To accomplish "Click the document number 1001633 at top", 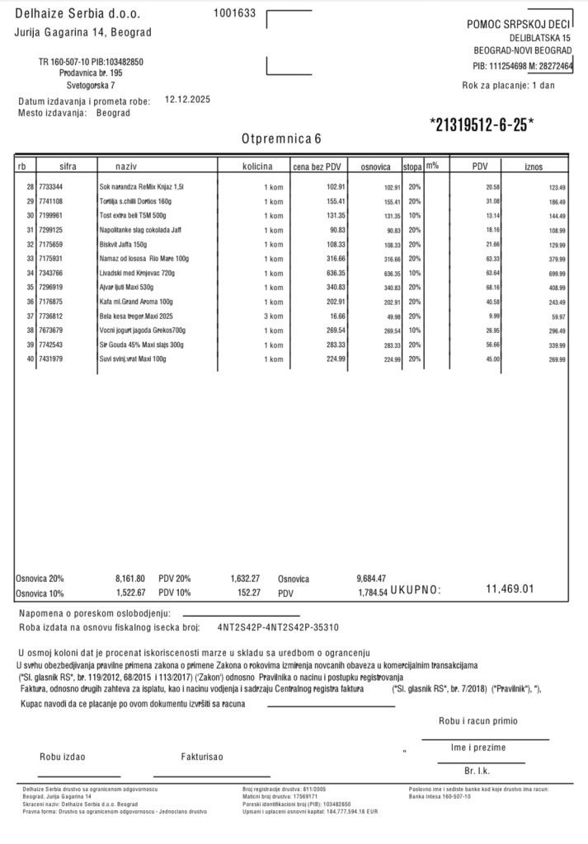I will [234, 12].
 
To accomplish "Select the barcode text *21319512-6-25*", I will [482, 124].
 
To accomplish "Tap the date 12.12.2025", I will [188, 98].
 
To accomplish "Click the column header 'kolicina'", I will [257, 166].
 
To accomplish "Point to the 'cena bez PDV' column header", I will [318, 166].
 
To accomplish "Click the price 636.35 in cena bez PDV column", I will [331, 273].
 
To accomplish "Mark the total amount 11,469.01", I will [510, 588].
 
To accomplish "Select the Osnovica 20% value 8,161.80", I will [129, 579].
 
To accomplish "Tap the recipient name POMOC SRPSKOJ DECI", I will [519, 25].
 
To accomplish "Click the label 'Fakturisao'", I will [201, 756].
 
